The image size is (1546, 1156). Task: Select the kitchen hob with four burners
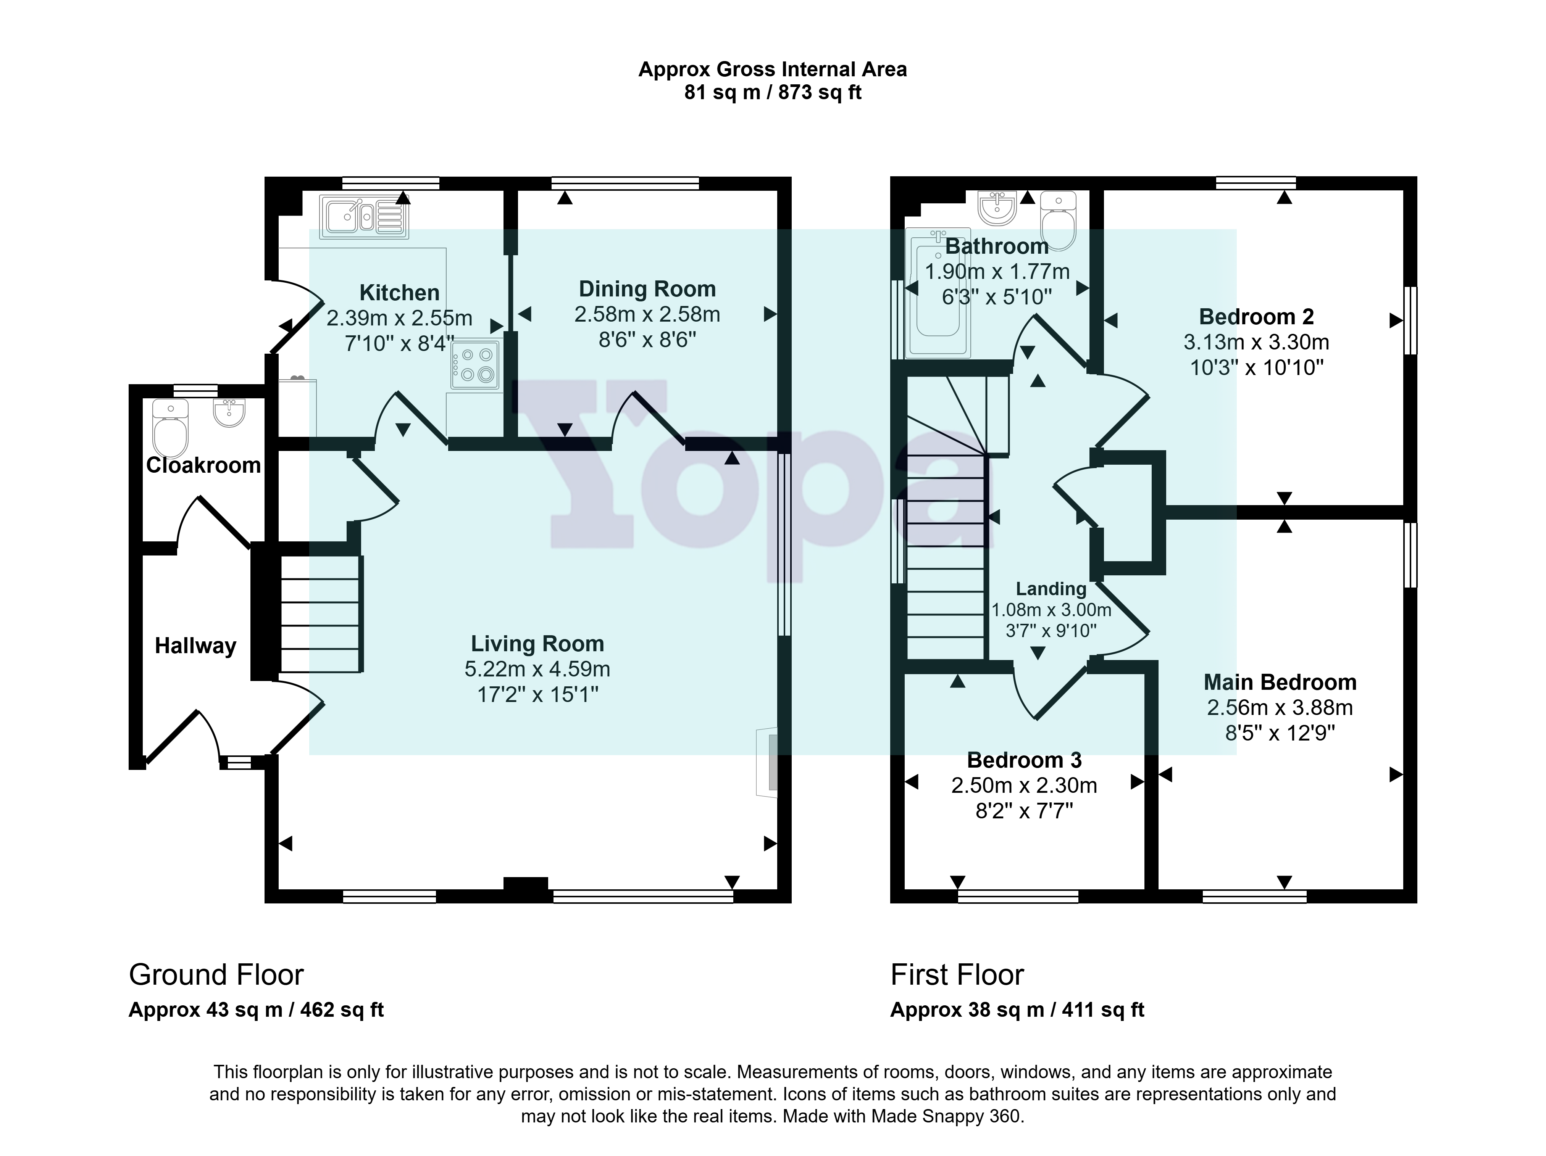click(475, 365)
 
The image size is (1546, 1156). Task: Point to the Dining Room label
click(647, 289)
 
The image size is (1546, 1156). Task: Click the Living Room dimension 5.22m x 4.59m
click(537, 669)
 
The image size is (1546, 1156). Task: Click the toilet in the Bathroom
click(1059, 221)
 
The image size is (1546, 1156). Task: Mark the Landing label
click(1051, 589)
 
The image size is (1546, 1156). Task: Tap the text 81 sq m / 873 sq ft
click(773, 92)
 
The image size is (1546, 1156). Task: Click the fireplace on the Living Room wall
click(767, 763)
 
